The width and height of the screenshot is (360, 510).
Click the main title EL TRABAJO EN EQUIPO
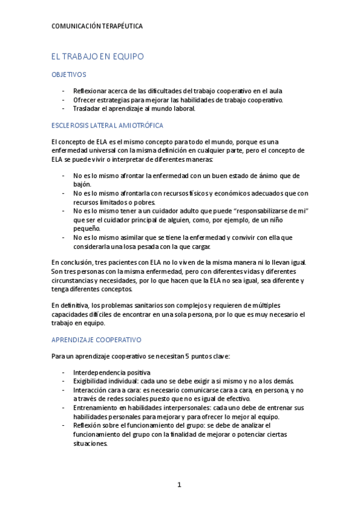97,57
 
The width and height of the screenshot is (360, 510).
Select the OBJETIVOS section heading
69,75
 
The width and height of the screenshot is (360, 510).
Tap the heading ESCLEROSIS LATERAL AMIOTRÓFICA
108,125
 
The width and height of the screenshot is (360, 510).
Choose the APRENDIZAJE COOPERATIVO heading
96,339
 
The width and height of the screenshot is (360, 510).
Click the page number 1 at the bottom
179,484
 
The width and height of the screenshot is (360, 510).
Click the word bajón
82,184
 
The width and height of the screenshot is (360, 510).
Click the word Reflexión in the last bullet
89,425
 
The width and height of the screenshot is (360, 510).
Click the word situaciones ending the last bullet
90,443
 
